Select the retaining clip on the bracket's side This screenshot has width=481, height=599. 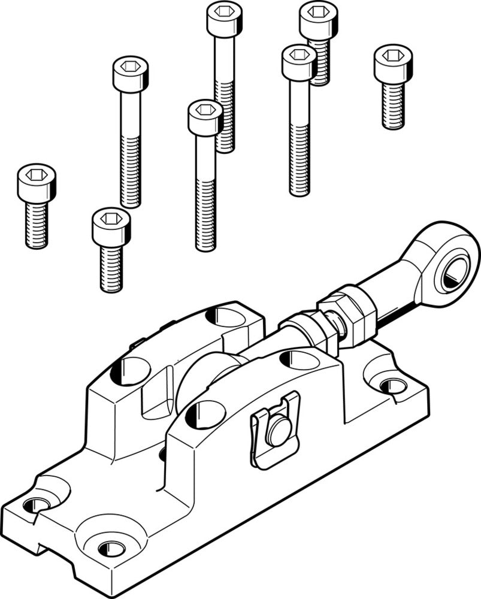[274, 429]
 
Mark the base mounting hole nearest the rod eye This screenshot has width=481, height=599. [392, 383]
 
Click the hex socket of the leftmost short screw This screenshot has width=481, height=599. [37, 174]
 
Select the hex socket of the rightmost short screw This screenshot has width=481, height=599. [393, 56]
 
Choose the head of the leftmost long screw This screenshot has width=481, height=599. [130, 74]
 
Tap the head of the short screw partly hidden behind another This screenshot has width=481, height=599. [317, 18]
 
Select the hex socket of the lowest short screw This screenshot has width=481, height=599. [111, 219]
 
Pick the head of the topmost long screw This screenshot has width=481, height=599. [224, 19]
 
